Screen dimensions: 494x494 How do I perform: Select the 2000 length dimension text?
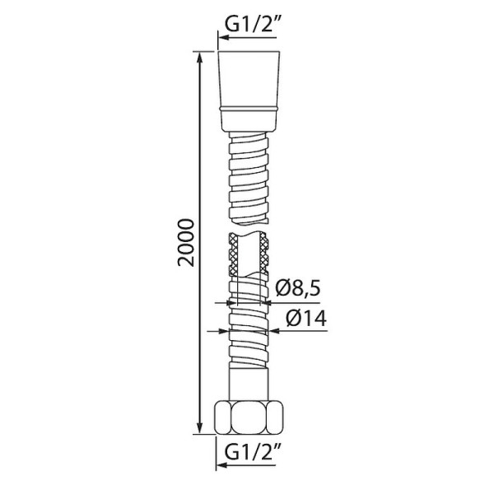(x=187, y=243)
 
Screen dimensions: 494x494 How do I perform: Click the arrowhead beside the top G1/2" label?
(x=221, y=37)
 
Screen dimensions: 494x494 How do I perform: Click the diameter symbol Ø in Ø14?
(x=286, y=318)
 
